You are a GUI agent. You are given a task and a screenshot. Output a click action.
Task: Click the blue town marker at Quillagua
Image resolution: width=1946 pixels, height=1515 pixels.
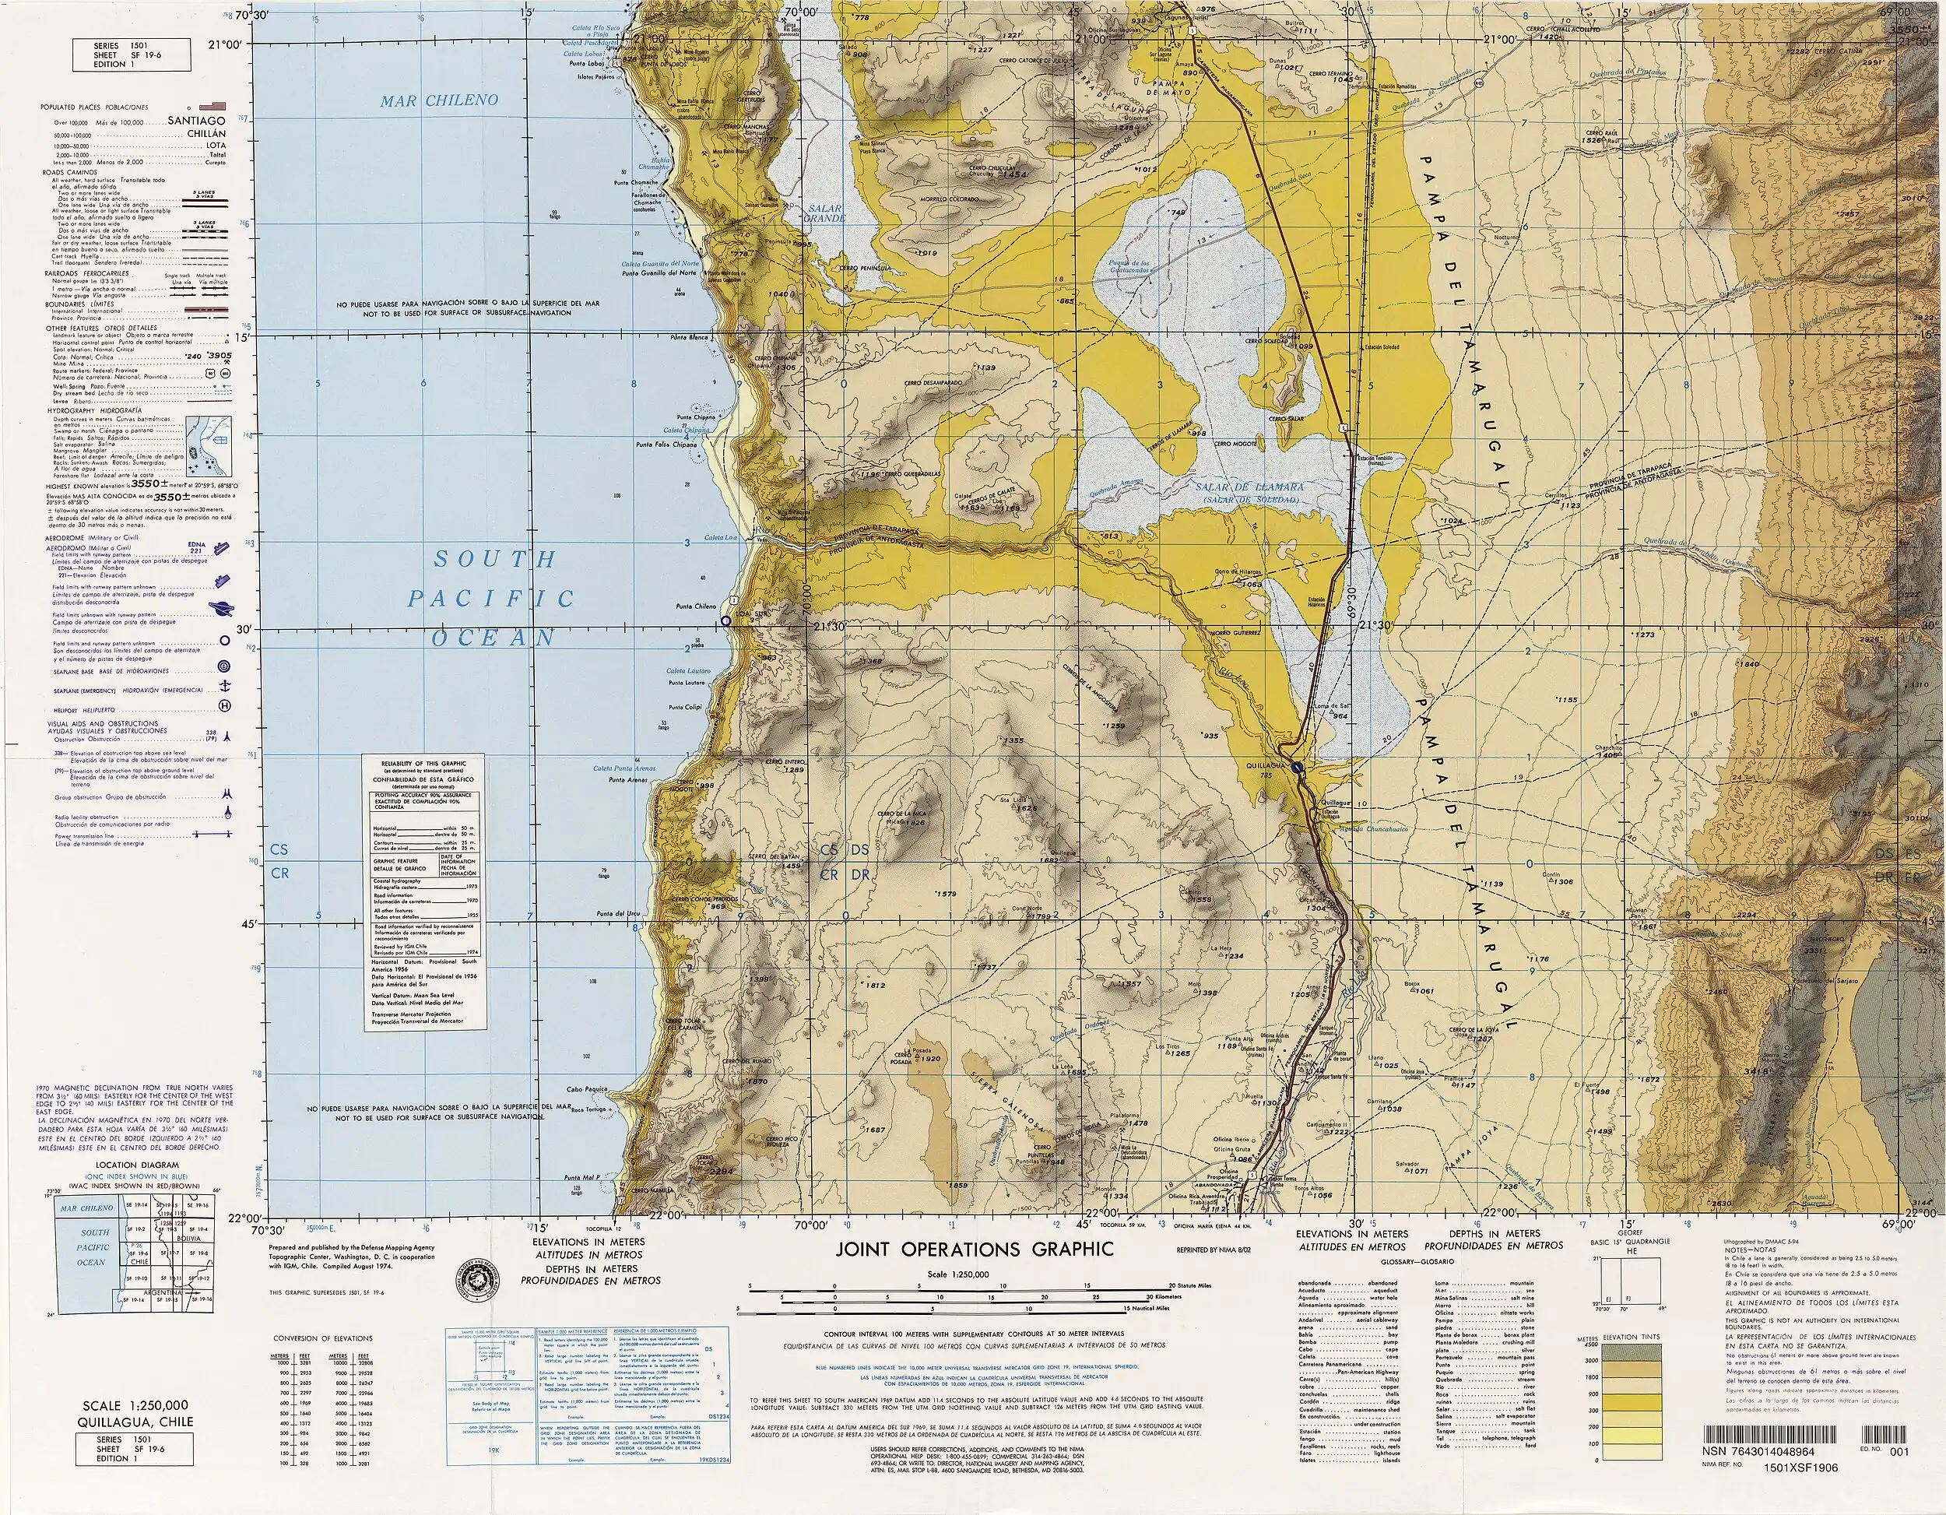tap(1298, 766)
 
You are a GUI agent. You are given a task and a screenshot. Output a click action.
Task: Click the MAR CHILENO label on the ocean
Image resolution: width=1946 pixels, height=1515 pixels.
tap(439, 100)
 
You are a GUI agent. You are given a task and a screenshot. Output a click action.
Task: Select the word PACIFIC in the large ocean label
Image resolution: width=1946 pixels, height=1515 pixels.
tap(491, 599)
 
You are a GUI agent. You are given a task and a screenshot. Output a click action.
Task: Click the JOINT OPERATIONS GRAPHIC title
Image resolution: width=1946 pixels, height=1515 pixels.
tap(974, 1250)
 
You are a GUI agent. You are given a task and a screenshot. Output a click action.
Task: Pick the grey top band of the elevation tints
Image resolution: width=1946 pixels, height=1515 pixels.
tap(1630, 1352)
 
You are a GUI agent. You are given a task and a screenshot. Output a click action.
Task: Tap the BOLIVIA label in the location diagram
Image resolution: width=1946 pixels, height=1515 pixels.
tap(188, 1238)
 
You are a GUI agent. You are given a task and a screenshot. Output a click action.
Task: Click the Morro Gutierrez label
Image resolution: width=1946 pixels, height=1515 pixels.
tap(1234, 634)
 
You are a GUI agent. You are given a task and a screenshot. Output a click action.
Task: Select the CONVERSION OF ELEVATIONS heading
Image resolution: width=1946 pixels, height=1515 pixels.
tap(322, 1338)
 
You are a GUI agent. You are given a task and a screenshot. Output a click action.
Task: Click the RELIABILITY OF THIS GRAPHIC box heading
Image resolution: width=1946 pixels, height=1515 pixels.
tap(423, 764)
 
